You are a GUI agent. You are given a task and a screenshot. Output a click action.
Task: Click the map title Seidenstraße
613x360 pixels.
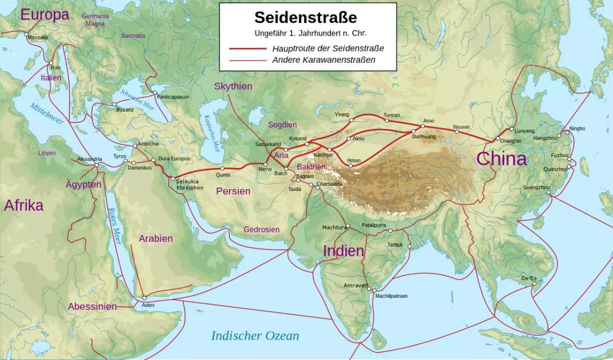click(x=305, y=17)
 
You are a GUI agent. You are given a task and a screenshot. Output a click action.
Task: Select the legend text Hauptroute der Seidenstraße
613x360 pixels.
click(x=328, y=48)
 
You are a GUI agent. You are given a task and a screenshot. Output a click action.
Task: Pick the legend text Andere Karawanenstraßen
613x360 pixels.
click(x=324, y=60)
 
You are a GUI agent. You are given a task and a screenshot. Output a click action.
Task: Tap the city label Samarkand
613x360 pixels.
click(x=268, y=145)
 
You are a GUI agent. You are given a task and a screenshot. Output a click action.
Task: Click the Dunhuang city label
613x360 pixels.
click(x=423, y=137)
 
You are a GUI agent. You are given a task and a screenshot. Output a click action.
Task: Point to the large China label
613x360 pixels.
click(x=501, y=158)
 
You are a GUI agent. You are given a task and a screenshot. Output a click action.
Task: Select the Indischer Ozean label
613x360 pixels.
click(x=255, y=335)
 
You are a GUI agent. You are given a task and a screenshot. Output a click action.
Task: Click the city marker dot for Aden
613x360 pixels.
click(x=145, y=298)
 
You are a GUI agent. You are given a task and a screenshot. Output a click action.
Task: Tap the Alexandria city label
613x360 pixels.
click(x=89, y=159)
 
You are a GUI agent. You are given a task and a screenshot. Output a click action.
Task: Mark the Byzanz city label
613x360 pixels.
click(x=125, y=110)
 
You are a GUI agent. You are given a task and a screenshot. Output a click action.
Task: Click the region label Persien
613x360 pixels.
click(x=233, y=191)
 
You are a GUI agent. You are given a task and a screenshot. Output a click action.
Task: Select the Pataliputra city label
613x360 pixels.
click(x=373, y=225)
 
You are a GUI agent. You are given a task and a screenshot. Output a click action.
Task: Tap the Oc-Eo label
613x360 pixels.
click(x=529, y=278)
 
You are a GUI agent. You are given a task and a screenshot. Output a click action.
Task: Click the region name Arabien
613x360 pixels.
click(x=156, y=238)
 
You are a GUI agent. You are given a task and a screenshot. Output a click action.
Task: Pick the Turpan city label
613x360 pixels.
click(x=391, y=115)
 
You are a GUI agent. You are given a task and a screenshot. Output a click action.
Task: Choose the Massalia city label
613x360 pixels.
click(x=38, y=37)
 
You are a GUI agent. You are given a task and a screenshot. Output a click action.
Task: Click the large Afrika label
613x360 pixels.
click(x=23, y=205)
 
